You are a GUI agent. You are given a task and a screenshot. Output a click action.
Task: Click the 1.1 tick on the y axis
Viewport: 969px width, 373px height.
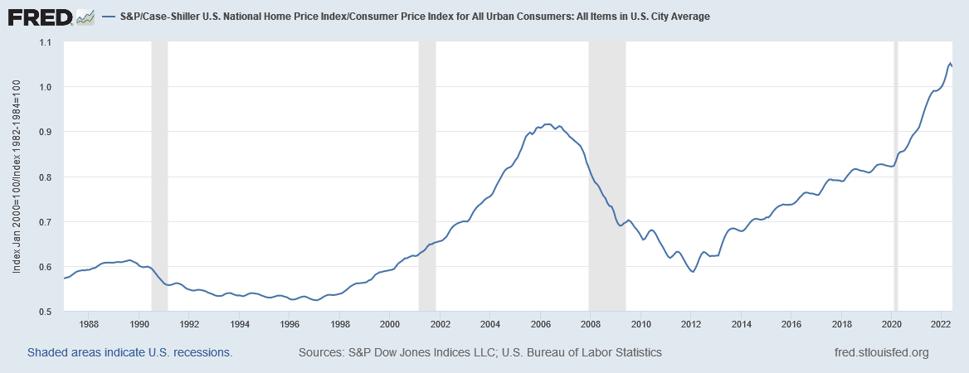click(x=46, y=42)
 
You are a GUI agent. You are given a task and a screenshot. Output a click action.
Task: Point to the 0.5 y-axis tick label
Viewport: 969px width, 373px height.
click(x=46, y=312)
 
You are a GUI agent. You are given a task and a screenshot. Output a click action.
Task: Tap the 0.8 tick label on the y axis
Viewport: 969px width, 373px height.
click(x=46, y=177)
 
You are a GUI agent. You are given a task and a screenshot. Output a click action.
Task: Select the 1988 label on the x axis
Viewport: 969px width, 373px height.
click(x=90, y=324)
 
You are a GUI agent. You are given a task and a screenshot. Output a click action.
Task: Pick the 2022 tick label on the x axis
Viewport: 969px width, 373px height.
click(x=942, y=324)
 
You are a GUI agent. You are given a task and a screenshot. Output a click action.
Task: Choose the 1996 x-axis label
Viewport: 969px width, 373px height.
click(x=290, y=324)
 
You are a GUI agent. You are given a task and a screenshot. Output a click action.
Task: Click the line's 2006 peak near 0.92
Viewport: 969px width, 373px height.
click(x=548, y=124)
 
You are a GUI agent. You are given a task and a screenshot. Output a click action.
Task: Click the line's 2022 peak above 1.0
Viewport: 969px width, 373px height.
click(x=950, y=62)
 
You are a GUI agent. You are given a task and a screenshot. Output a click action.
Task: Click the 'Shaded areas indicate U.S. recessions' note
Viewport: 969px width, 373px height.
click(x=130, y=352)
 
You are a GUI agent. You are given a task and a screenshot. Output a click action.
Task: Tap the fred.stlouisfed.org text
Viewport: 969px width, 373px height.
click(x=881, y=352)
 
